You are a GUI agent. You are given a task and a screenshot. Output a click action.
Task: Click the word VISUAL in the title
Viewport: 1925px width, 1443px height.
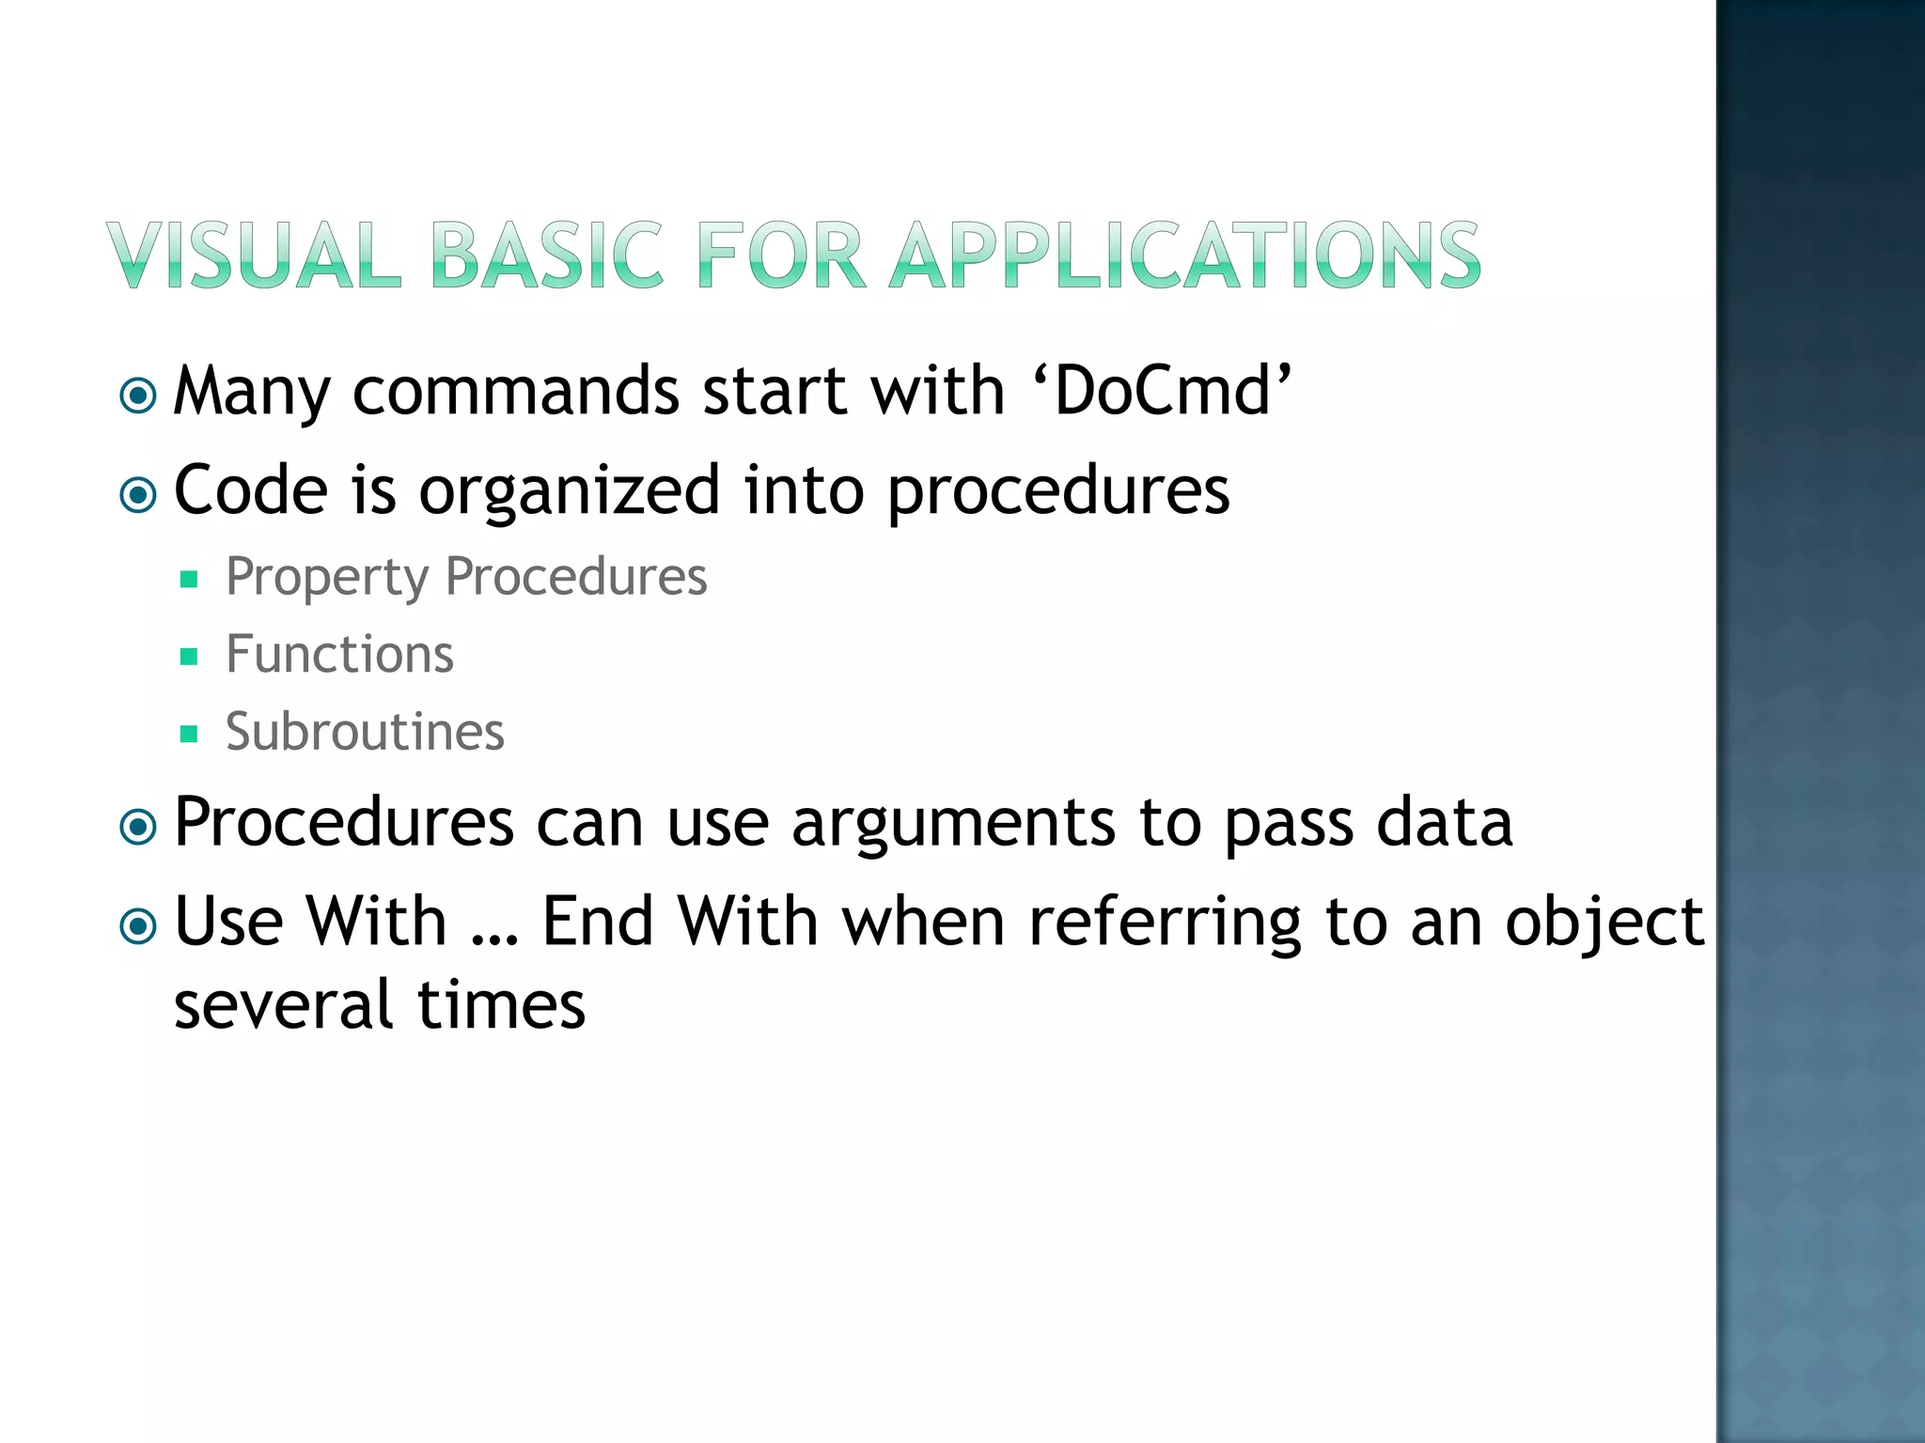point(254,255)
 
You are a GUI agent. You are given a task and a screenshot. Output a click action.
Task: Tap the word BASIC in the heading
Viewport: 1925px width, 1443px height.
point(547,255)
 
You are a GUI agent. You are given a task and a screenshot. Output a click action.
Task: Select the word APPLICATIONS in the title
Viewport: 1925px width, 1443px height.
point(1185,255)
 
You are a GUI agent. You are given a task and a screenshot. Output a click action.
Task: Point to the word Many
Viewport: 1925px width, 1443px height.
point(252,393)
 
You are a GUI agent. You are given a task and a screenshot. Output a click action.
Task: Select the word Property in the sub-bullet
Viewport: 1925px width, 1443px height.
point(326,577)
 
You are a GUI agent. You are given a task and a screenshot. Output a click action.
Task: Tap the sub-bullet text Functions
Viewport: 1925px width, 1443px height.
point(339,654)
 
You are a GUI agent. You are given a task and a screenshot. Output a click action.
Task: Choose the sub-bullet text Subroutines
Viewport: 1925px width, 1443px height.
point(365,732)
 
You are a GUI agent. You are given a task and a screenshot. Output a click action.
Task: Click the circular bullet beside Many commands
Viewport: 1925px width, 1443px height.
point(139,396)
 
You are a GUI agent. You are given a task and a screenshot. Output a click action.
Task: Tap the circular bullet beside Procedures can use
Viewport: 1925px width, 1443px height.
point(139,828)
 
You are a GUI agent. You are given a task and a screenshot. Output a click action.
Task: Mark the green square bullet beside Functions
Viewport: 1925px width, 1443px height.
point(189,657)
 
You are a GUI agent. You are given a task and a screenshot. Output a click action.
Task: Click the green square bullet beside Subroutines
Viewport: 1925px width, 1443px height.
point(189,734)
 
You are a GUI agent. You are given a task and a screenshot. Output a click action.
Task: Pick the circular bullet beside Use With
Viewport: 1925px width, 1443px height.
point(139,926)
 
